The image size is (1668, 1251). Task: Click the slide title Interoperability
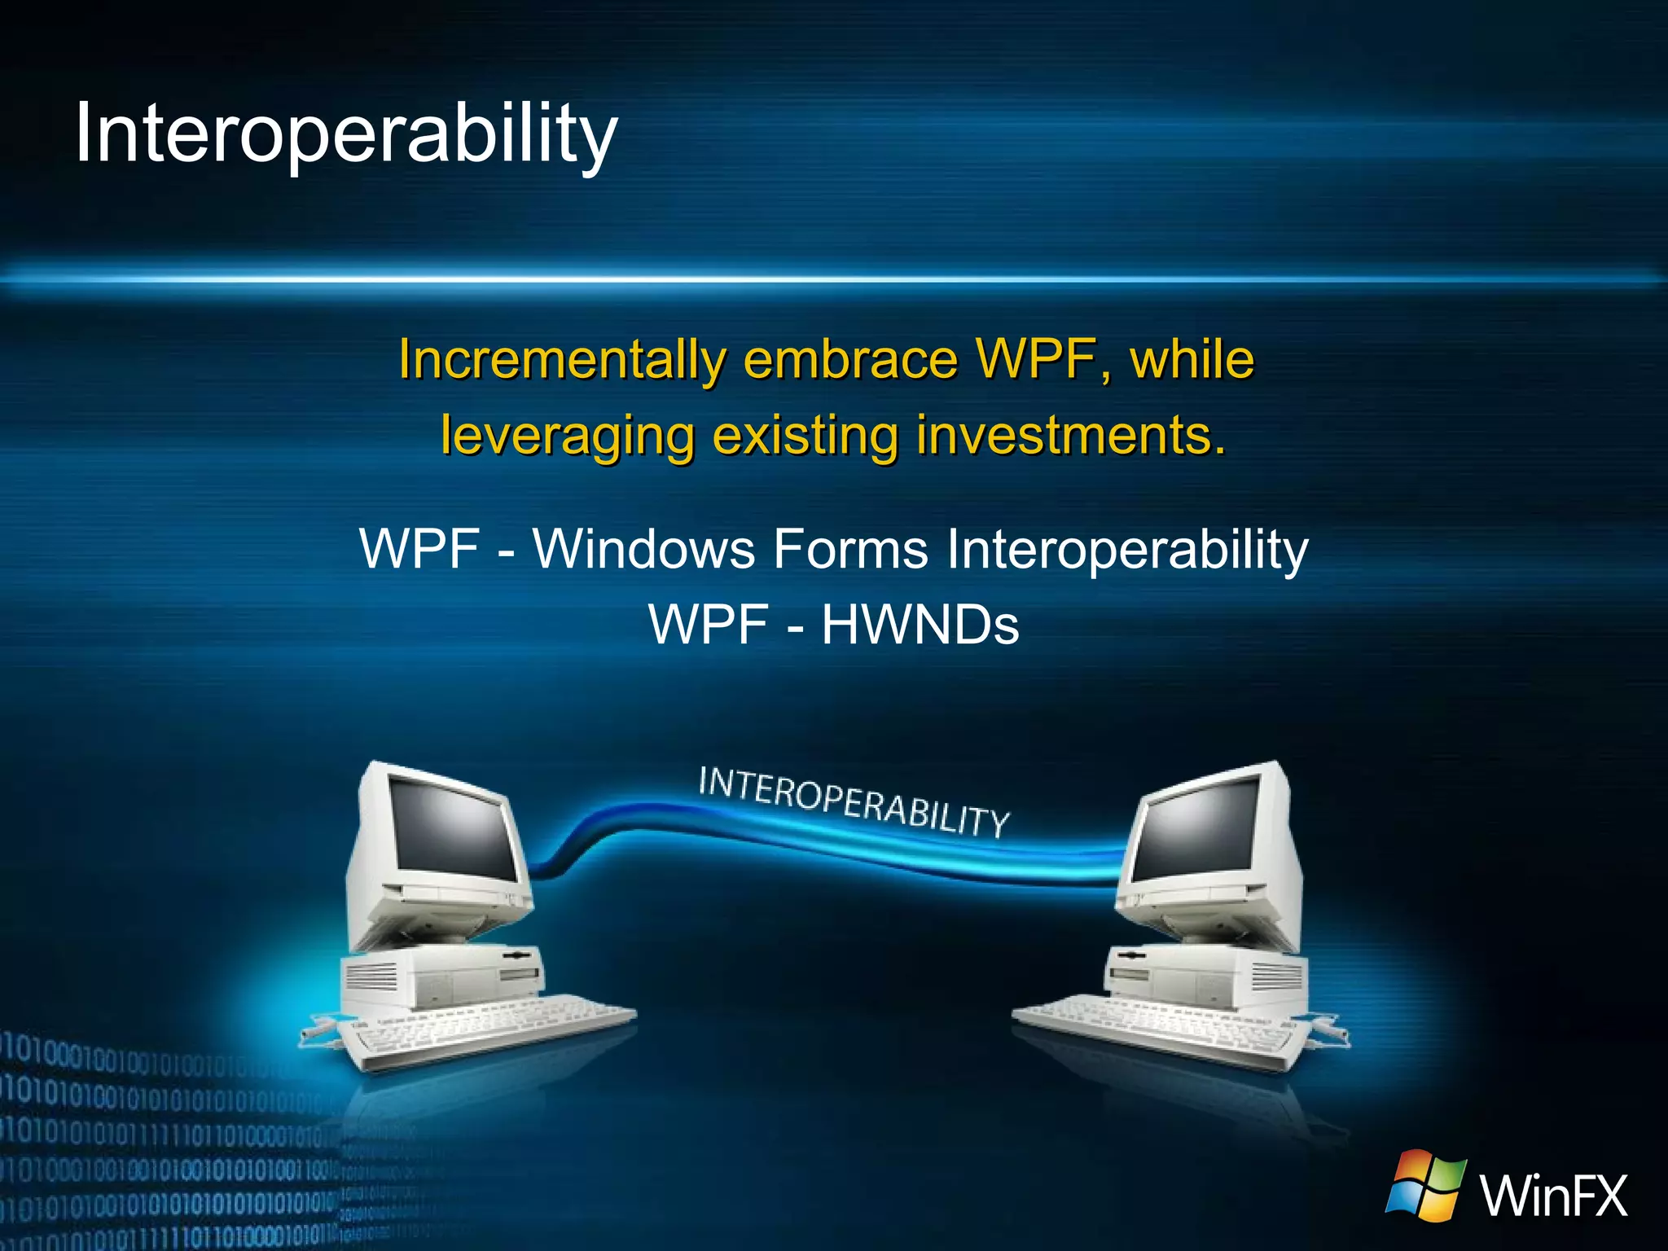[x=346, y=134]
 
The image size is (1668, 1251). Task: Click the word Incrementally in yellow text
[x=562, y=359]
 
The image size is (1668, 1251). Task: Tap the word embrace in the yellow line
[x=850, y=359]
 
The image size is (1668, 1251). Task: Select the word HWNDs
[x=920, y=625]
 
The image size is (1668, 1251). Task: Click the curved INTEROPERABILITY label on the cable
[x=854, y=803]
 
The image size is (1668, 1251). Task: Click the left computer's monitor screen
[x=453, y=827]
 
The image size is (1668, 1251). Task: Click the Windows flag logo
[x=1426, y=1186]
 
